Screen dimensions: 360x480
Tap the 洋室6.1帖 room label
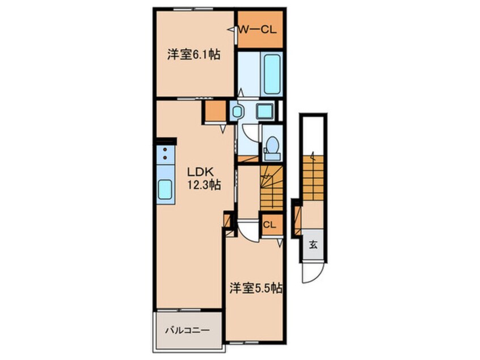click(193, 55)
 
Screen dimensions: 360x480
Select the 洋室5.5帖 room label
click(256, 288)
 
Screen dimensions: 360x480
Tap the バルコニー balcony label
click(187, 329)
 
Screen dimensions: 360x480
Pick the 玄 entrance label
click(313, 245)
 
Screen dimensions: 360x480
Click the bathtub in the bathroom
click(273, 74)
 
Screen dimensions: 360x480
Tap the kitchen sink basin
click(165, 189)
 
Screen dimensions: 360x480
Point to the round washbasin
click(237, 111)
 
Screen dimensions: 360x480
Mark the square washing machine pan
click(264, 111)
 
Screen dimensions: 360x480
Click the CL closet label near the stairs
click(270, 225)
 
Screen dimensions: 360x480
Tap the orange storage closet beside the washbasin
click(215, 112)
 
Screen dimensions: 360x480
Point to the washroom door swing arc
click(250, 132)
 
